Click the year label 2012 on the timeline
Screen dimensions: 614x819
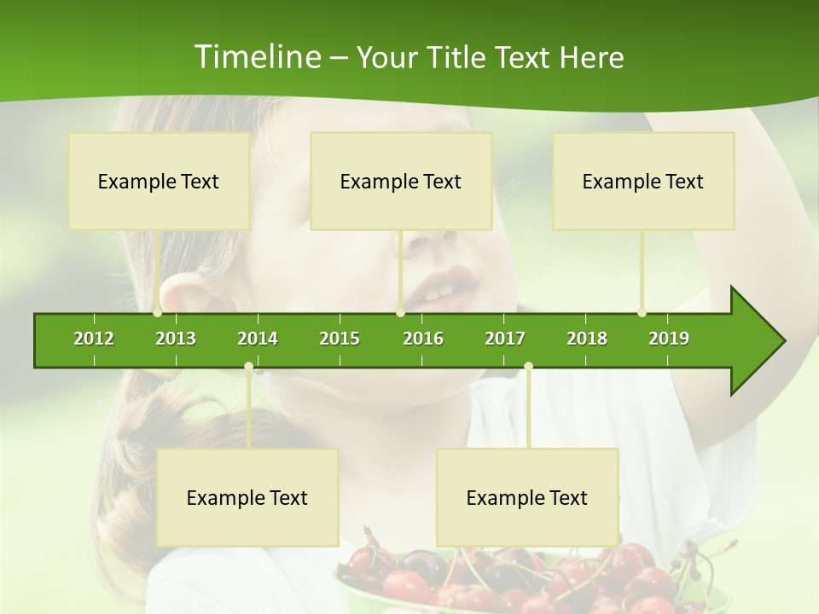(94, 339)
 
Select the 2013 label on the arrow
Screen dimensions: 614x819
(176, 339)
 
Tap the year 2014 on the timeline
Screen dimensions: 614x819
(258, 339)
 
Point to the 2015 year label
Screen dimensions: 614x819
(340, 339)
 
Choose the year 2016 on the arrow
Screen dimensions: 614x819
(423, 339)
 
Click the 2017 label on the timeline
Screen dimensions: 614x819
(505, 339)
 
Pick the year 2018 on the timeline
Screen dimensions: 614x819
(587, 339)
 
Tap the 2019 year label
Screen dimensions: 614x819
(669, 339)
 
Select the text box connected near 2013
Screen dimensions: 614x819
(159, 181)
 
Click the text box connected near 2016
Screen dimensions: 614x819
(401, 181)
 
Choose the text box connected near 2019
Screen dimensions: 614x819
(643, 181)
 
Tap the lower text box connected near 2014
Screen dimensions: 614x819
(247, 497)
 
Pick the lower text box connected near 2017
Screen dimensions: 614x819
(527, 497)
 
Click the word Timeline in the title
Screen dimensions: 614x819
(256, 57)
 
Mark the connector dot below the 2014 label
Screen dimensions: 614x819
(248, 367)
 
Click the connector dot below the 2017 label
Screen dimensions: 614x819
(528, 367)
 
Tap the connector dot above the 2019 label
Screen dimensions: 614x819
(642, 312)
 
